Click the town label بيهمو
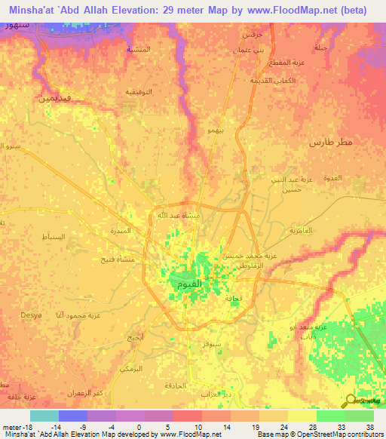pyautogui.click(x=215, y=131)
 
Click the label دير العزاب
pyautogui.click(x=214, y=394)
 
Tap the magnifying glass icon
pyautogui.click(x=351, y=401)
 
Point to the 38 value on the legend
pyautogui.click(x=369, y=426)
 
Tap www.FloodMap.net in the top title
pyautogui.click(x=283, y=11)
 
